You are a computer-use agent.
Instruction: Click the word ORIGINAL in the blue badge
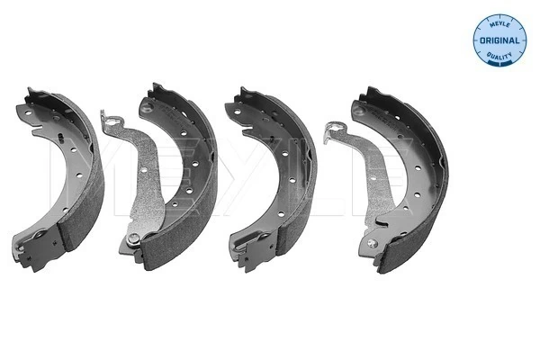coord(499,40)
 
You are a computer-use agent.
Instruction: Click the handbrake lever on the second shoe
coord(141,179)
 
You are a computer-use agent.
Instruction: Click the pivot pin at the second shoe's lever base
coord(133,238)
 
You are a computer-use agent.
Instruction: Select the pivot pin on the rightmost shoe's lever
coord(373,244)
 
